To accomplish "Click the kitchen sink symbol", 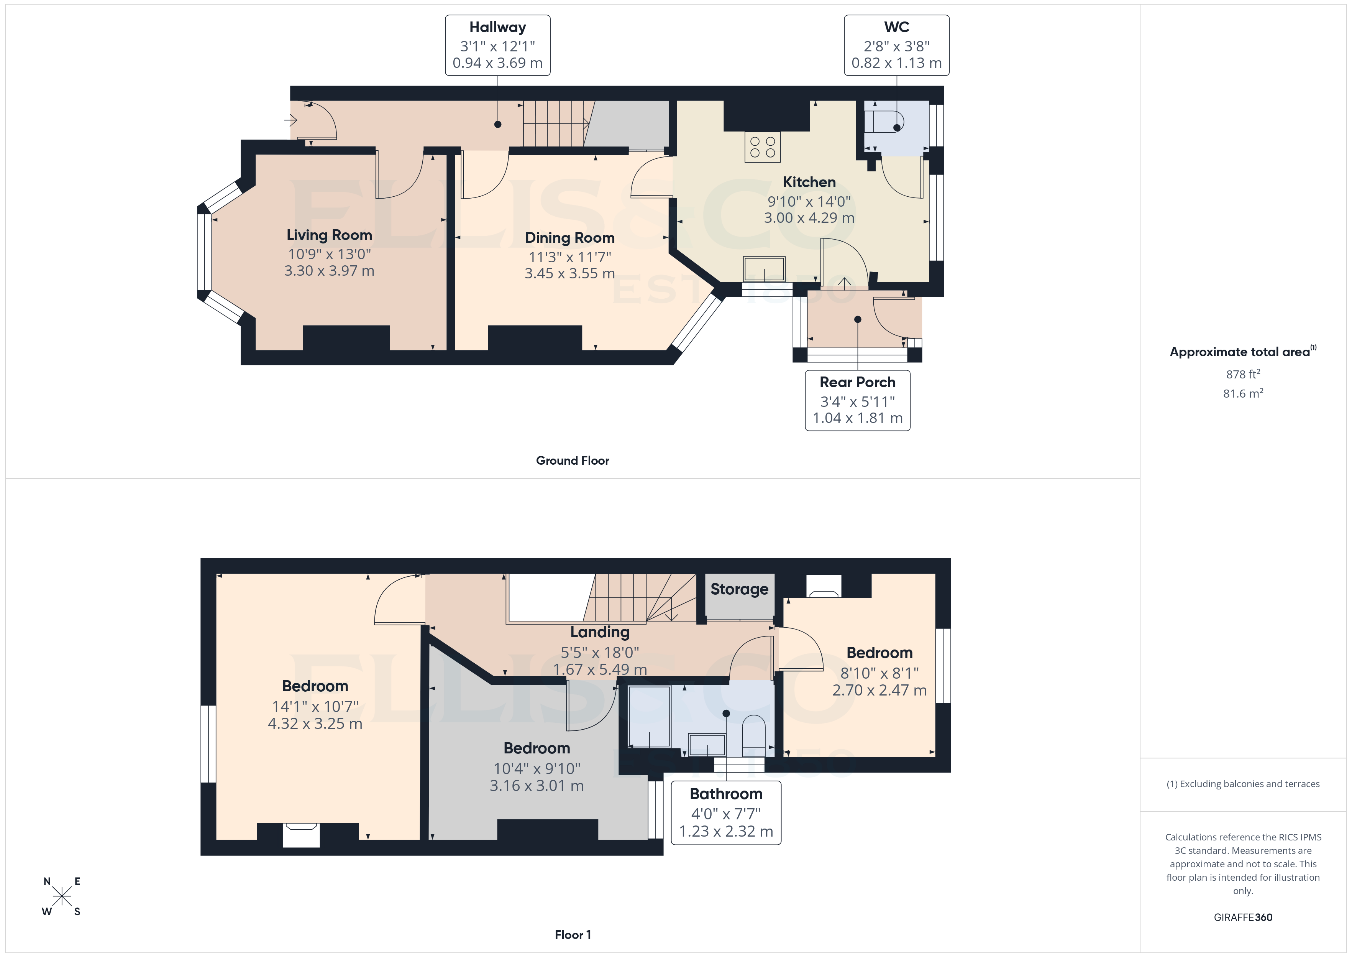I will [x=764, y=269].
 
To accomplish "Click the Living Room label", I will [x=329, y=235].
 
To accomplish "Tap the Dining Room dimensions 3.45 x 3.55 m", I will [x=569, y=273].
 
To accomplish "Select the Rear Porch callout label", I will [x=857, y=382].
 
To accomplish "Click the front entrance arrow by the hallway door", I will [x=290, y=120].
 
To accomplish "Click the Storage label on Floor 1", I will [x=738, y=589].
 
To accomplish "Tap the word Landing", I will [x=599, y=632].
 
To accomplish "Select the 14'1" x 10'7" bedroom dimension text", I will [x=315, y=707].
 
